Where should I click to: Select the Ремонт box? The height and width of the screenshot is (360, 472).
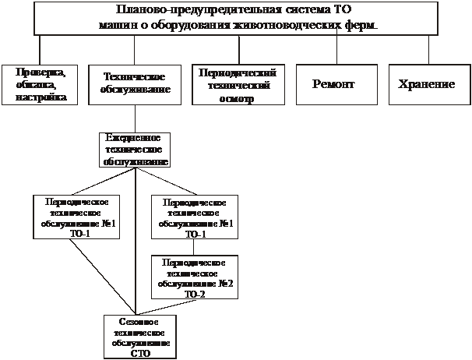(x=337, y=84)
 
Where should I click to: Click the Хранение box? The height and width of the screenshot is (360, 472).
(x=428, y=84)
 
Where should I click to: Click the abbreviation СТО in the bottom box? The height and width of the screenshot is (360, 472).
(x=141, y=352)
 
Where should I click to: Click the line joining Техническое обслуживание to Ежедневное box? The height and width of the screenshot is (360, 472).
(x=136, y=118)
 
